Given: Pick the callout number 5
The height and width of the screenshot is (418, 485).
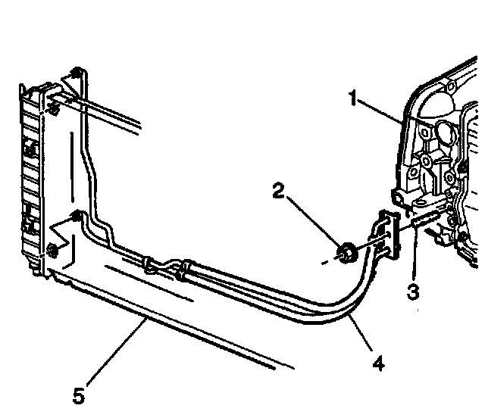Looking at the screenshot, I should click(x=79, y=395).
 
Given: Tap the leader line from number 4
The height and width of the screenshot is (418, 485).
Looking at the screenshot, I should click(x=359, y=336).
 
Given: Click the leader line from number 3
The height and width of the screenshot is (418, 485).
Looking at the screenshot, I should click(x=414, y=257).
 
